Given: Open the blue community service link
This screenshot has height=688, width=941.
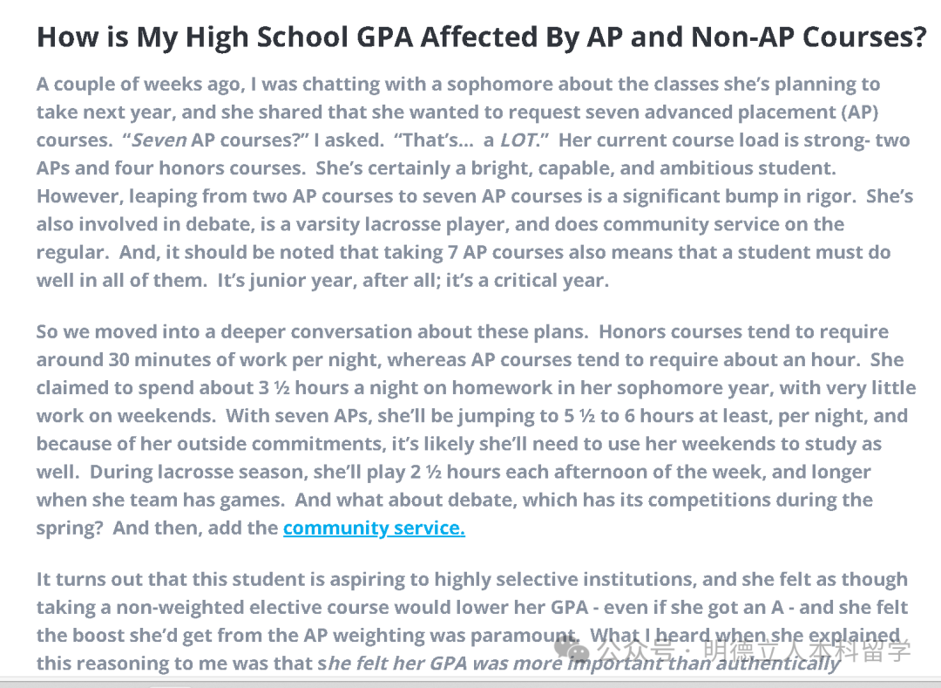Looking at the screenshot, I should coord(374,528).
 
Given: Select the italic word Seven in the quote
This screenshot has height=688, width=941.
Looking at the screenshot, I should coord(159,140).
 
